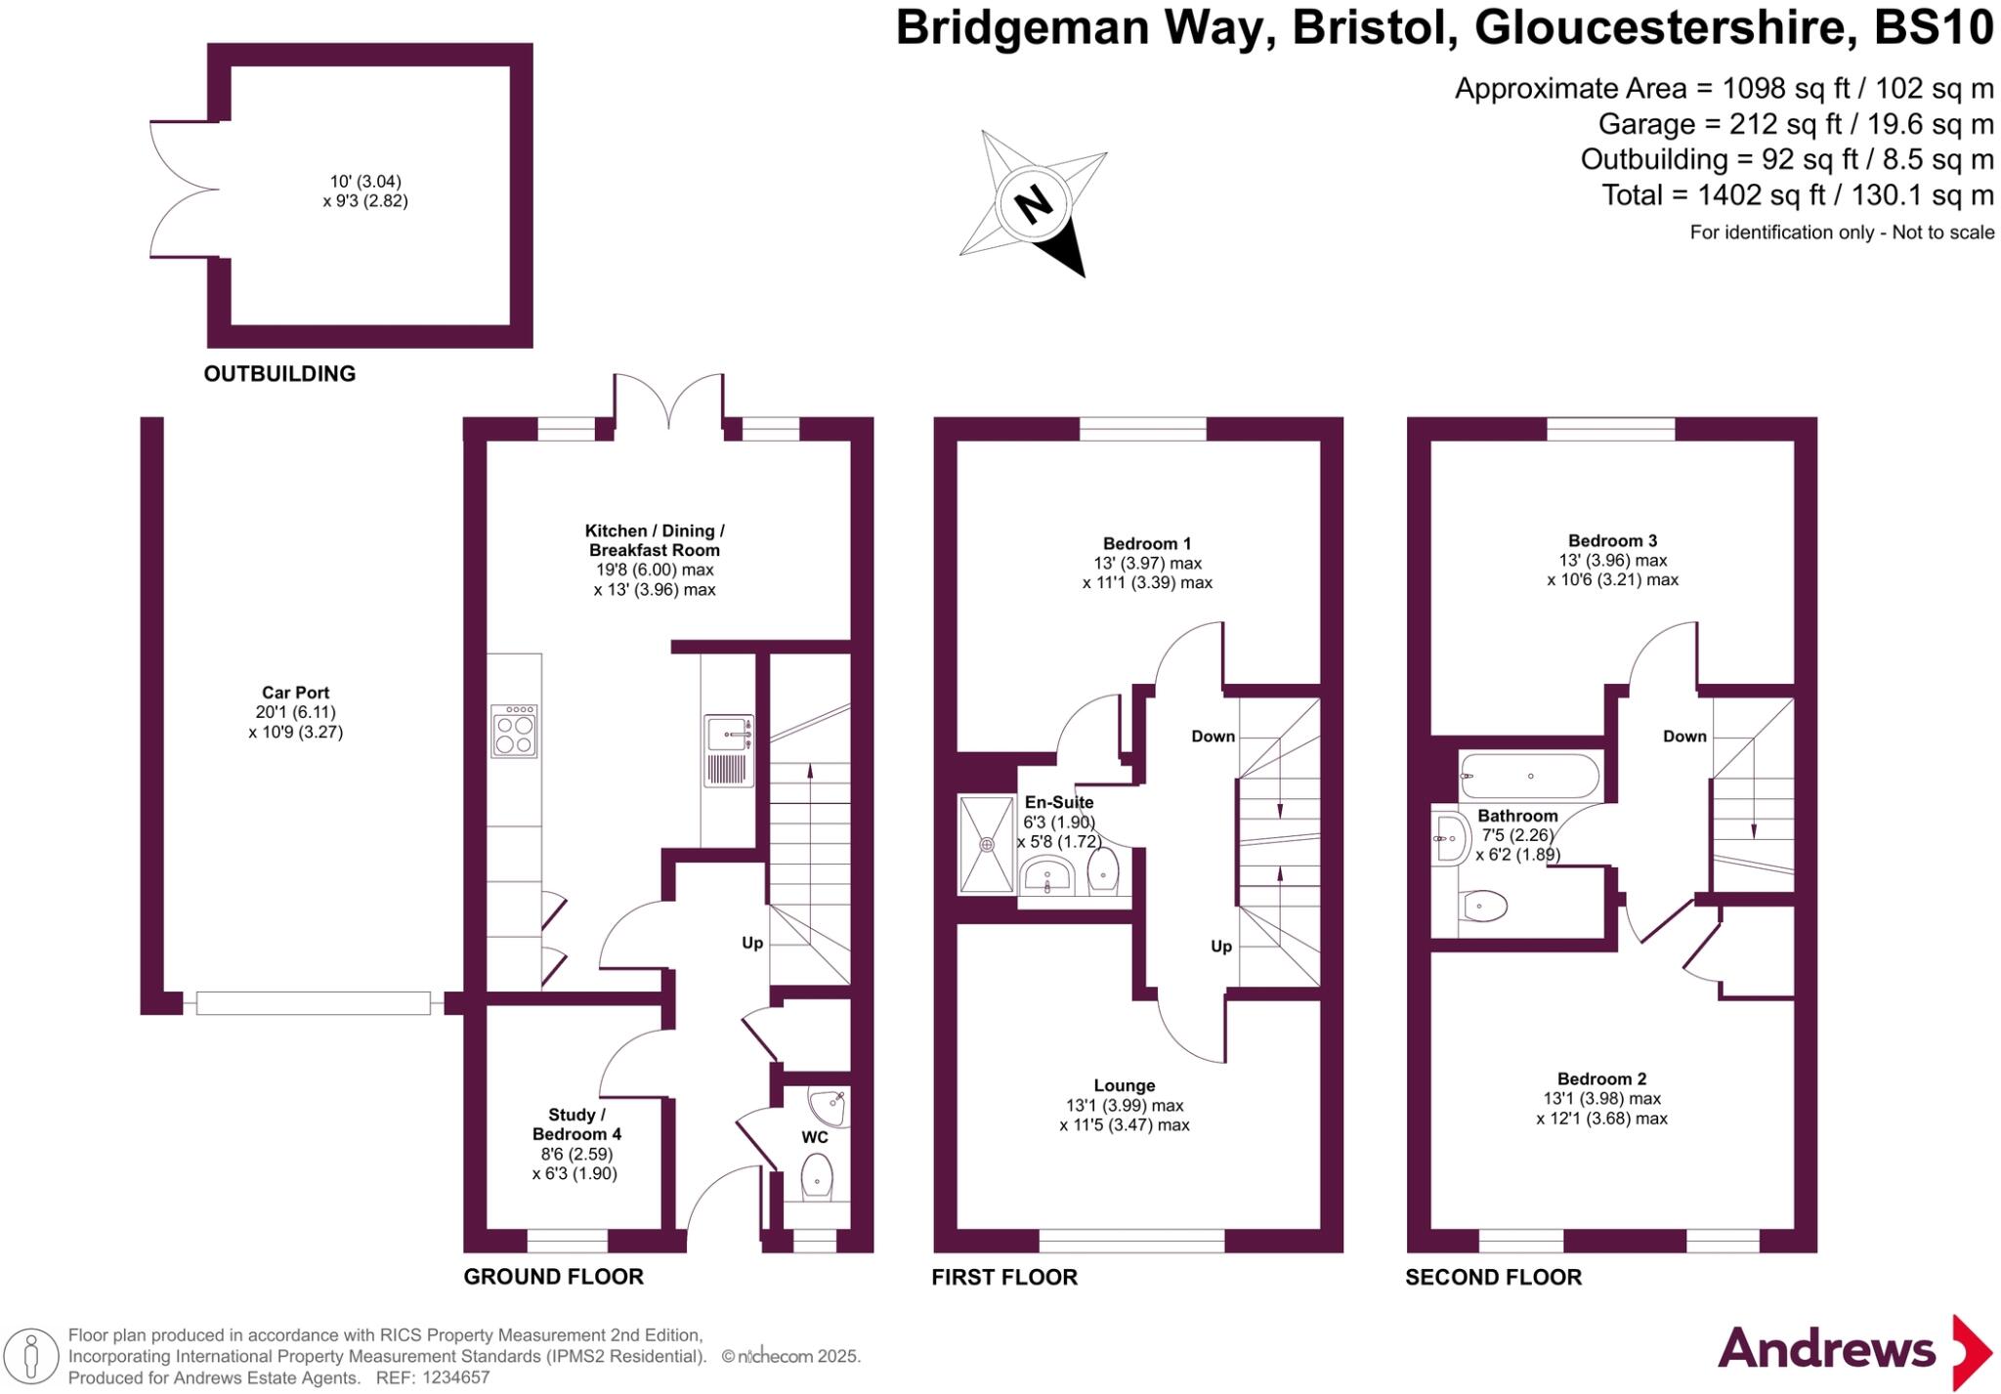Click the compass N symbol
pos(1033,205)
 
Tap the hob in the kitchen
pos(514,731)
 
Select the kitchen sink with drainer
pos(729,750)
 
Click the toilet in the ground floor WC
pos(817,1177)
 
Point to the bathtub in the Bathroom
pos(1529,777)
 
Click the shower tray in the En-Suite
pos(987,844)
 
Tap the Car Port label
pos(295,693)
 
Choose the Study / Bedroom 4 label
pos(576,1124)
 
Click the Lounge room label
pos(1124,1085)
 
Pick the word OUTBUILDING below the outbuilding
pos(279,373)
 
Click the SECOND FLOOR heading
pos(1493,1277)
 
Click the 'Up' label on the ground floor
pos(751,943)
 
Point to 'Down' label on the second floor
pos(1684,736)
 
